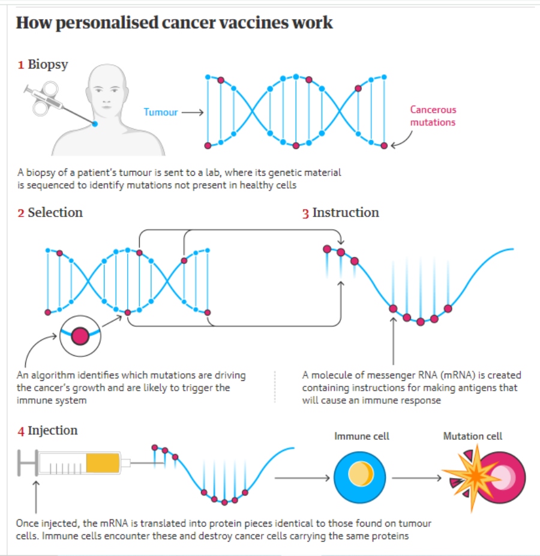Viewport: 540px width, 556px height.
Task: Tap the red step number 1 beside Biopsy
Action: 20,65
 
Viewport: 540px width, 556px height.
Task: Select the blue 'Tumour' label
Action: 160,112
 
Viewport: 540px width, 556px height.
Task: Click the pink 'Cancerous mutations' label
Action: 433,116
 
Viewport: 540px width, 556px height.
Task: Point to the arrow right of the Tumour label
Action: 193,112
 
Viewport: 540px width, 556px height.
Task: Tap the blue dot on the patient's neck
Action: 95,124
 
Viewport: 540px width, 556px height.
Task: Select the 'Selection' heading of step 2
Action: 55,212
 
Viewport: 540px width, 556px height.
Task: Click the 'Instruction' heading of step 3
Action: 346,212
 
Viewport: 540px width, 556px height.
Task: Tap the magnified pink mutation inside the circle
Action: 79,336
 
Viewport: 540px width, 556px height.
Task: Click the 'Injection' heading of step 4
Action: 53,431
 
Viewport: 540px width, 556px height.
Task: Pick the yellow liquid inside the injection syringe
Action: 103,462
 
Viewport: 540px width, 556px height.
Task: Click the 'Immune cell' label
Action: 361,436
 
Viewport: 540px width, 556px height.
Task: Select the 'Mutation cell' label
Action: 472,436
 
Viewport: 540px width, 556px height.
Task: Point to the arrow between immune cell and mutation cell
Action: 415,478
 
